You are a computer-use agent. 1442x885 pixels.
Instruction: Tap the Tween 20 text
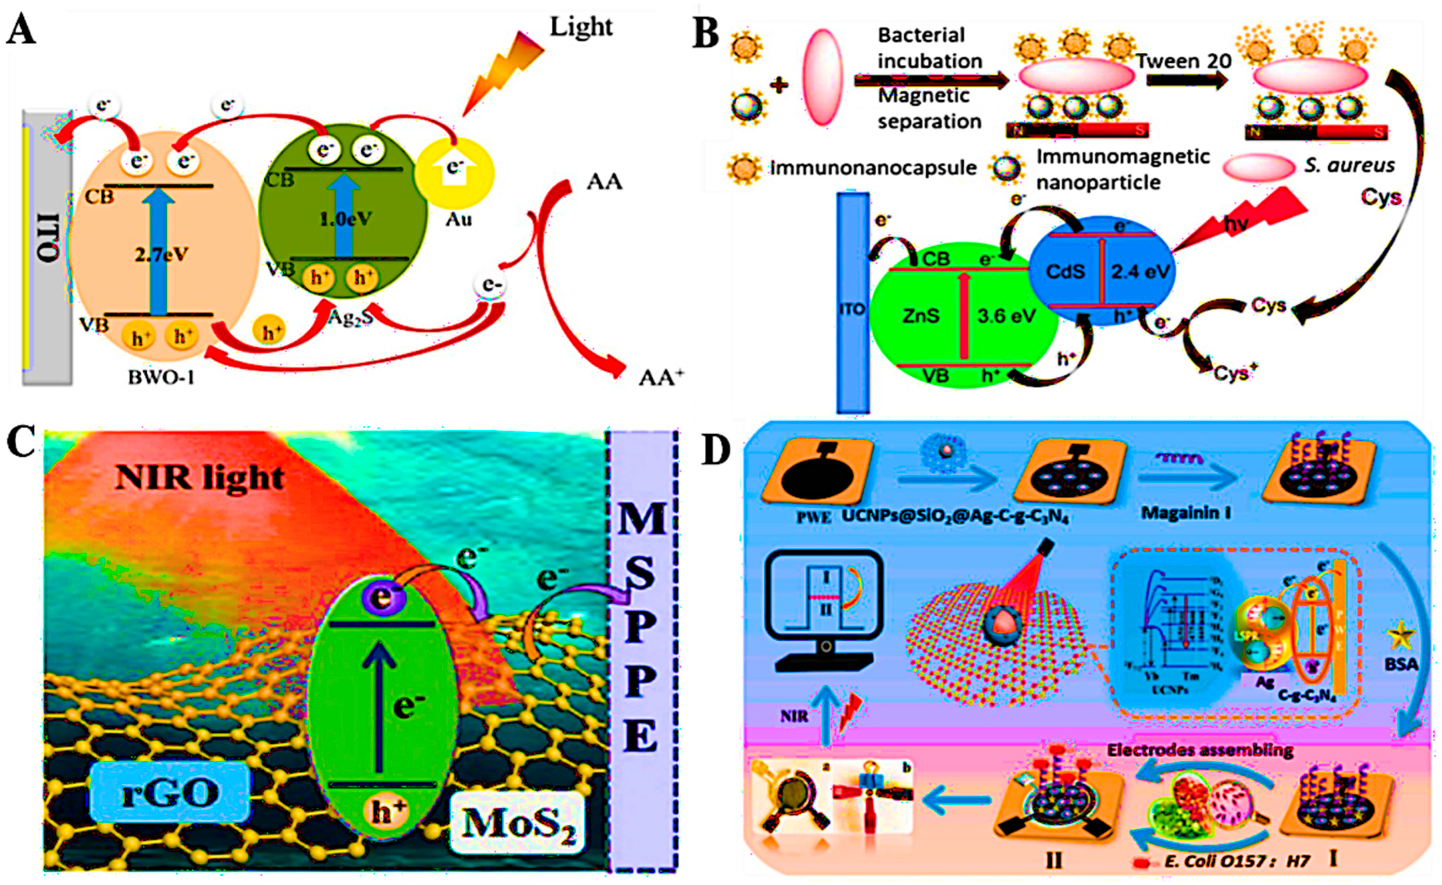coord(1183,61)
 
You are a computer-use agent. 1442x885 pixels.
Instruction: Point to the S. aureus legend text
coord(1349,166)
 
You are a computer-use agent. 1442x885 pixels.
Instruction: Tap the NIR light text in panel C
coord(199,477)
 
